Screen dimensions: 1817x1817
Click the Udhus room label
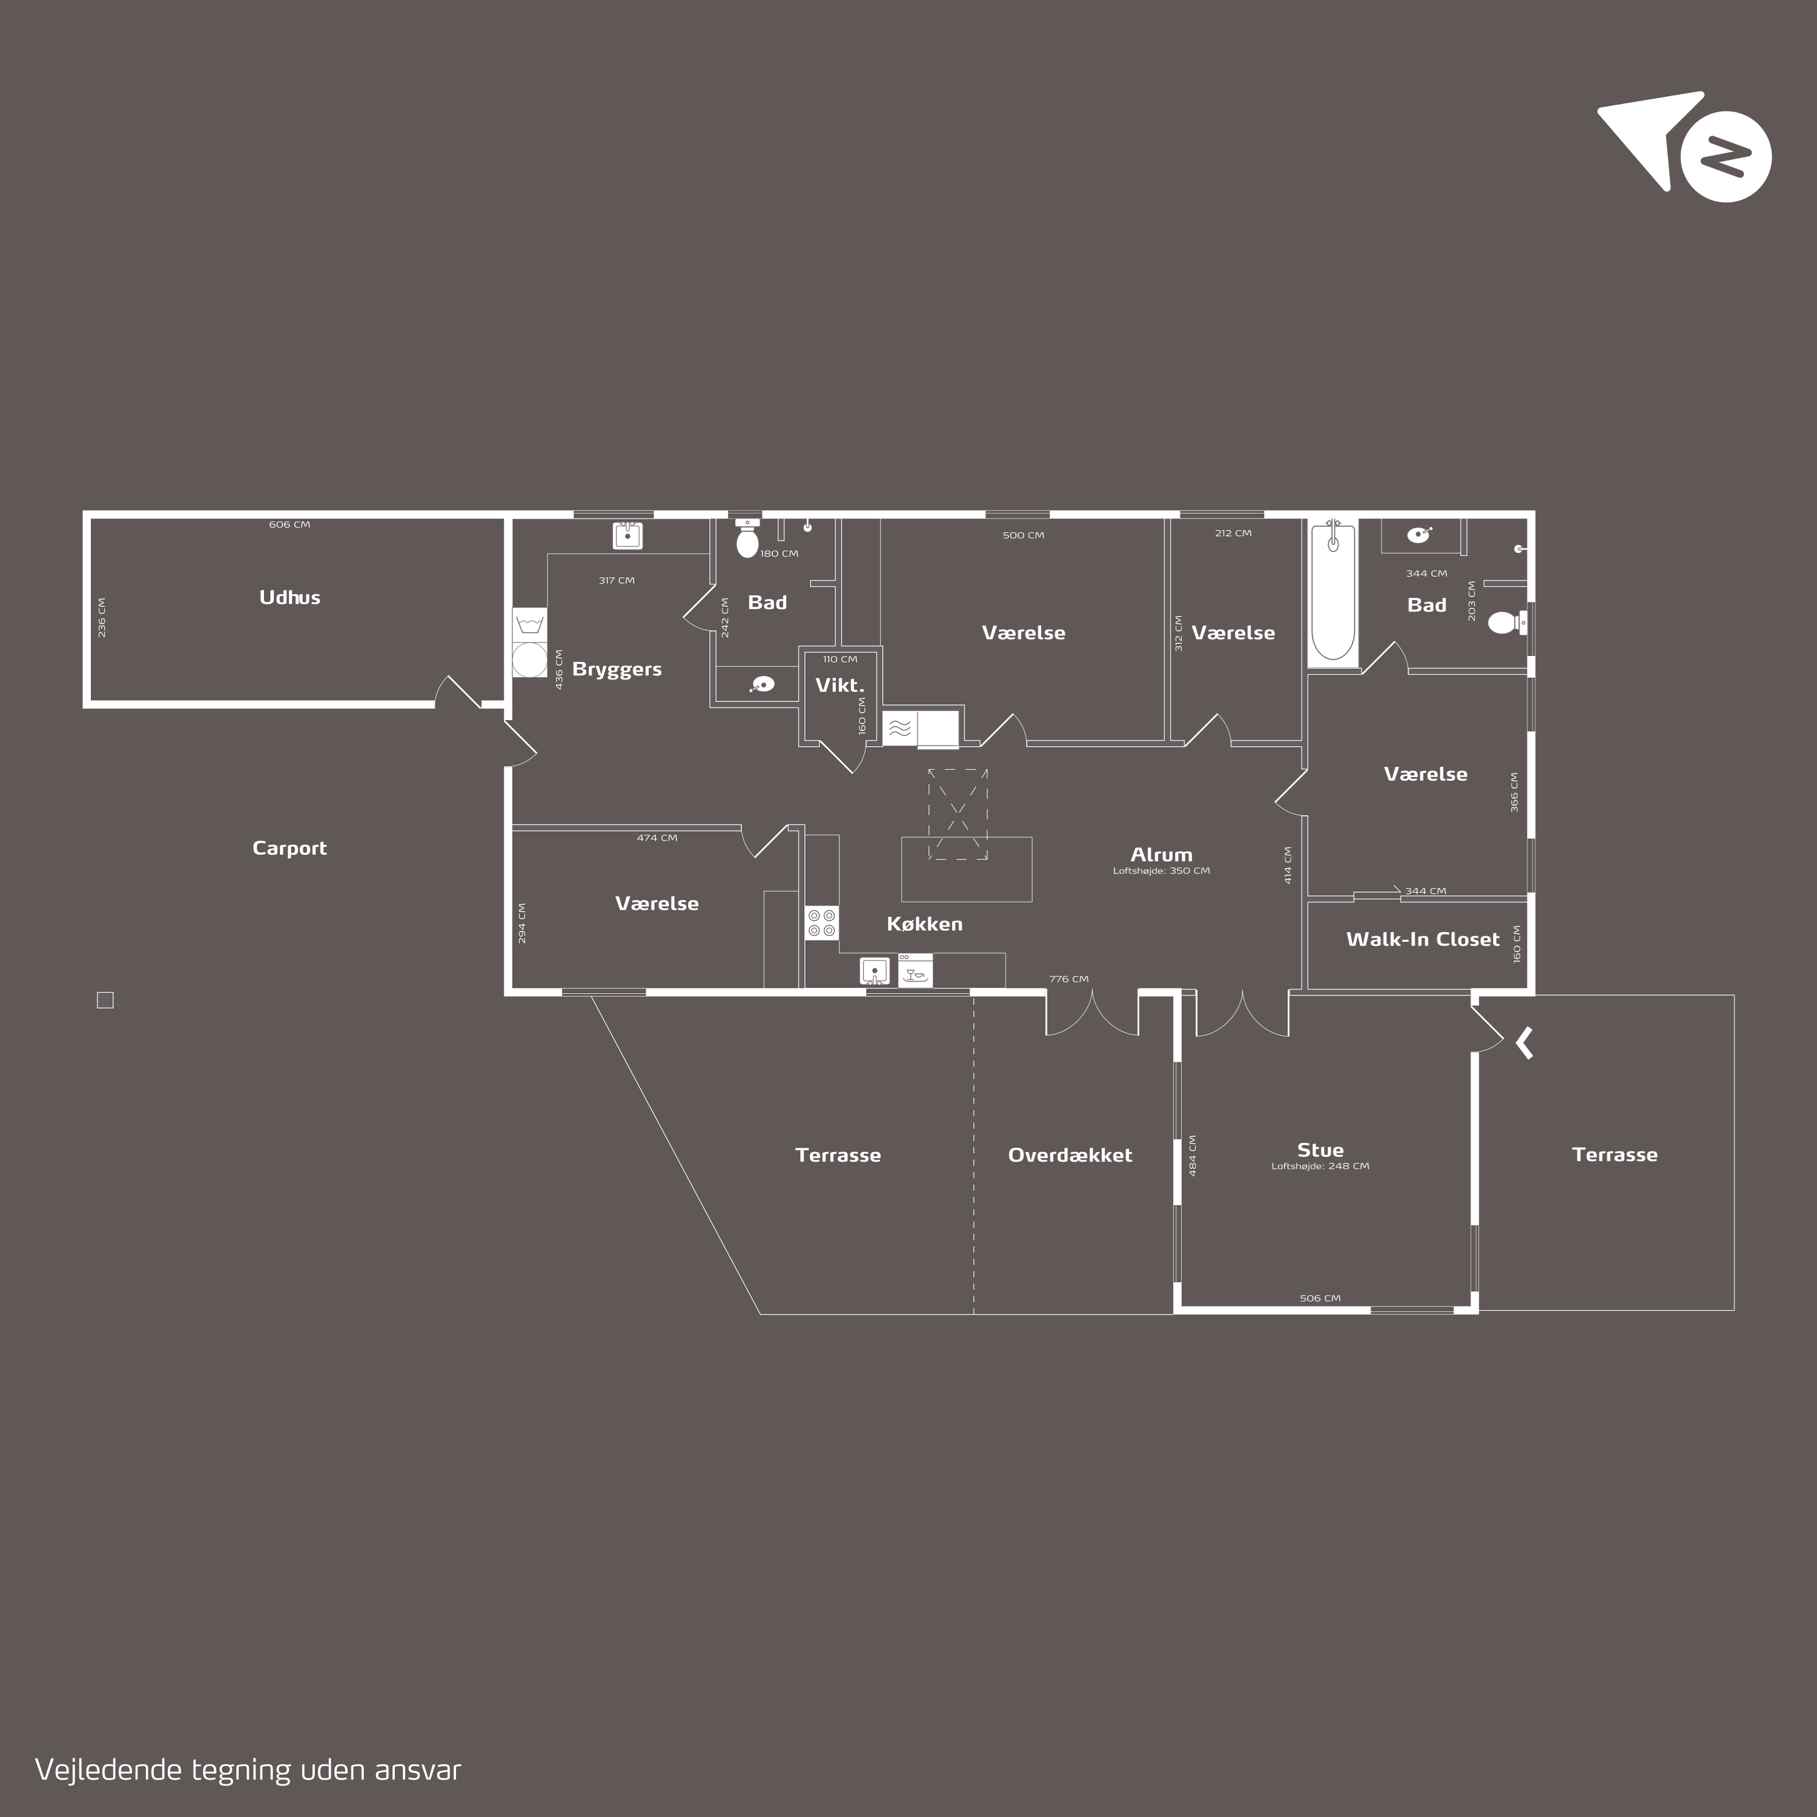pos(290,597)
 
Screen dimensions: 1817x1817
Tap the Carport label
pos(290,849)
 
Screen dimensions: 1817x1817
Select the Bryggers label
pos(617,670)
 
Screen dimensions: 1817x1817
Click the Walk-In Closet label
pos(1423,939)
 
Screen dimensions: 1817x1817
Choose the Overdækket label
pos(1070,1155)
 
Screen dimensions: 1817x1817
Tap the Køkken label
pos(924,924)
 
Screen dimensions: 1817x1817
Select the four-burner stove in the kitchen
pos(822,922)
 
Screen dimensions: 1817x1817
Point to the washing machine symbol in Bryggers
pos(529,660)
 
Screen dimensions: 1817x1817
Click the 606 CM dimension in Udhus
pos(290,525)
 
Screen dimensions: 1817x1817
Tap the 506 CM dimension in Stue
pos(1320,1299)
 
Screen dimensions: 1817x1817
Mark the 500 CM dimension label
pos(1023,535)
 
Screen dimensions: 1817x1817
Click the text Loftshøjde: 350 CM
pos(1162,871)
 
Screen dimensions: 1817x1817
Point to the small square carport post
pos(105,1001)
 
